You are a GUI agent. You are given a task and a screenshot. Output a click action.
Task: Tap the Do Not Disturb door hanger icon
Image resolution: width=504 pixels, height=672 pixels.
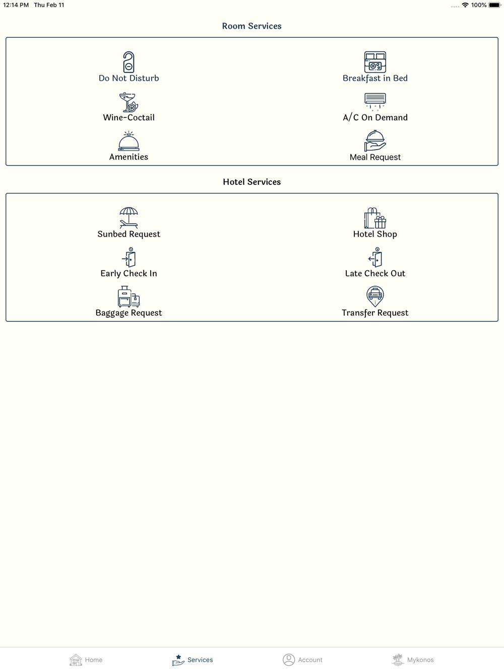(x=129, y=62)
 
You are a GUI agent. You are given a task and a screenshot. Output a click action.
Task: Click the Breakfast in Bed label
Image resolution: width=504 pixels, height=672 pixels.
(x=375, y=79)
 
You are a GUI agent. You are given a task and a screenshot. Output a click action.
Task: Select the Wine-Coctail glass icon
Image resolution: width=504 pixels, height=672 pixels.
(x=129, y=102)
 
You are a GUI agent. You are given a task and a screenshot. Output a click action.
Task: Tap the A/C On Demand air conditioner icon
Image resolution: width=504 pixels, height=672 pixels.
(x=375, y=101)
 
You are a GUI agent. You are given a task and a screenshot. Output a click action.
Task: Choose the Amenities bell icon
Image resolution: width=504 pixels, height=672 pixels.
(x=129, y=141)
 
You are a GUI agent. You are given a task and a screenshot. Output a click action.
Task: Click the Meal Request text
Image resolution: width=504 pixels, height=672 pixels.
(x=375, y=157)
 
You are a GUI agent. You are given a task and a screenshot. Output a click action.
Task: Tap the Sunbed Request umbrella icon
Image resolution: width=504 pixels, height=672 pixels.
(x=129, y=218)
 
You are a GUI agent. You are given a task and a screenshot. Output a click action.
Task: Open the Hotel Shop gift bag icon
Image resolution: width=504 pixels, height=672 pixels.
(x=375, y=218)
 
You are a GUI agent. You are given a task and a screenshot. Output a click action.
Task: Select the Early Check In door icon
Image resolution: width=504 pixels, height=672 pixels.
(x=129, y=257)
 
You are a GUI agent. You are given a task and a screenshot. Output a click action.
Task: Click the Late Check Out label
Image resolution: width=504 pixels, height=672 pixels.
(x=375, y=274)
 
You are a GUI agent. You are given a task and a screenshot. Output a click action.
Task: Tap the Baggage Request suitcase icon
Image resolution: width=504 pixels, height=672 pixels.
(x=129, y=296)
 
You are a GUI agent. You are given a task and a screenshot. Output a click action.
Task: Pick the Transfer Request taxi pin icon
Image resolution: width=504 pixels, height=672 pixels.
(x=375, y=296)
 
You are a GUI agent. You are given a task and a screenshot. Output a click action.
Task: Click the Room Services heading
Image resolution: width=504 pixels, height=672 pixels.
(x=251, y=26)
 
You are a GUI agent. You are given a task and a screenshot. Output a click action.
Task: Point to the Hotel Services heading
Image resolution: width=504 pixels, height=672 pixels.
(x=251, y=182)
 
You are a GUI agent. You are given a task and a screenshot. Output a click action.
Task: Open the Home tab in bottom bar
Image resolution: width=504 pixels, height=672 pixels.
(x=86, y=659)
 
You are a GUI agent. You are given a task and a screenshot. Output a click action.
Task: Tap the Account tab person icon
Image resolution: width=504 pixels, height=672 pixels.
(x=288, y=659)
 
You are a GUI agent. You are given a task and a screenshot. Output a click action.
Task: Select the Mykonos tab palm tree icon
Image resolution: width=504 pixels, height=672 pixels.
(x=398, y=659)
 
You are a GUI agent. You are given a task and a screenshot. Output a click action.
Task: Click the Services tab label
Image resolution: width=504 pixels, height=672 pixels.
(x=200, y=660)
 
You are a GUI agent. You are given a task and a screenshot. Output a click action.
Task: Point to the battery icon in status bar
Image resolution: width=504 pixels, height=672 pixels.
(x=495, y=5)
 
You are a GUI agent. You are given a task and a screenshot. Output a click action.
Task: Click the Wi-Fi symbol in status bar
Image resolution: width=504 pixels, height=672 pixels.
(x=465, y=5)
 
